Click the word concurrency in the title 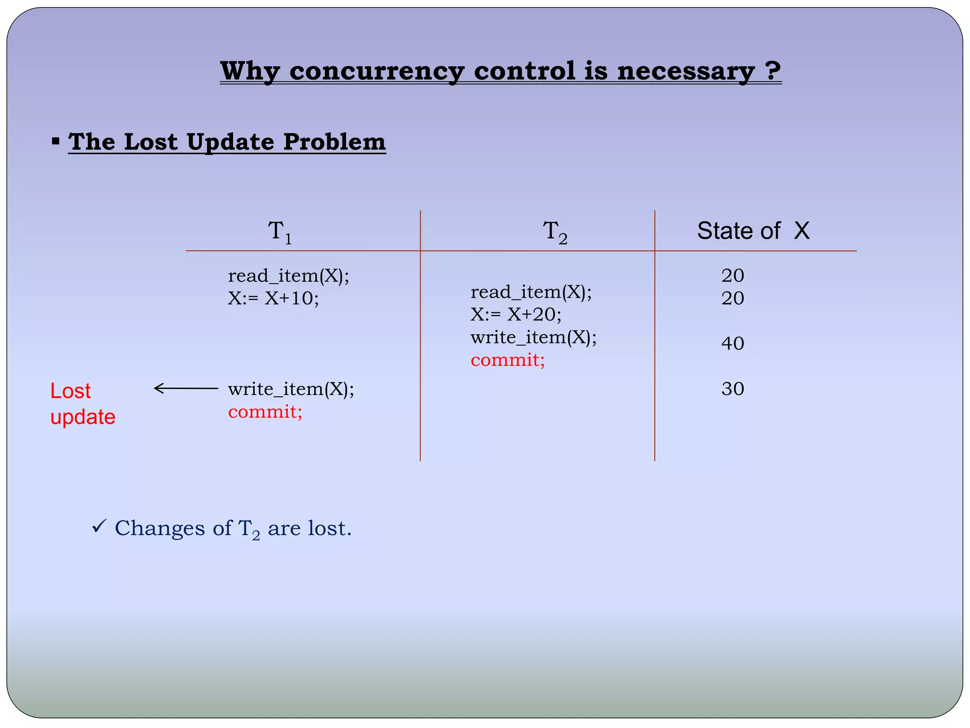pos(377,72)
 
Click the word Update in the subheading pos(231,142)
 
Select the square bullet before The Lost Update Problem pos(56,141)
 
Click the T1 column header pos(280,232)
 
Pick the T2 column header pos(555,232)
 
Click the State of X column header pos(753,231)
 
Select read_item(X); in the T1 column pos(288,275)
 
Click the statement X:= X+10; pos(273,298)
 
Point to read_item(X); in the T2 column pos(531,292)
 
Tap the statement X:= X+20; pos(516,314)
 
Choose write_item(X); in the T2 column pos(533,337)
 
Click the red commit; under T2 pos(508,360)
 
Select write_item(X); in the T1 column pos(291,389)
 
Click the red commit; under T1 pos(265,411)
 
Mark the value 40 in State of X pos(733,343)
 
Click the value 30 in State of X pos(733,389)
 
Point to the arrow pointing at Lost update pos(186,389)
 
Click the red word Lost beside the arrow pos(71,391)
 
